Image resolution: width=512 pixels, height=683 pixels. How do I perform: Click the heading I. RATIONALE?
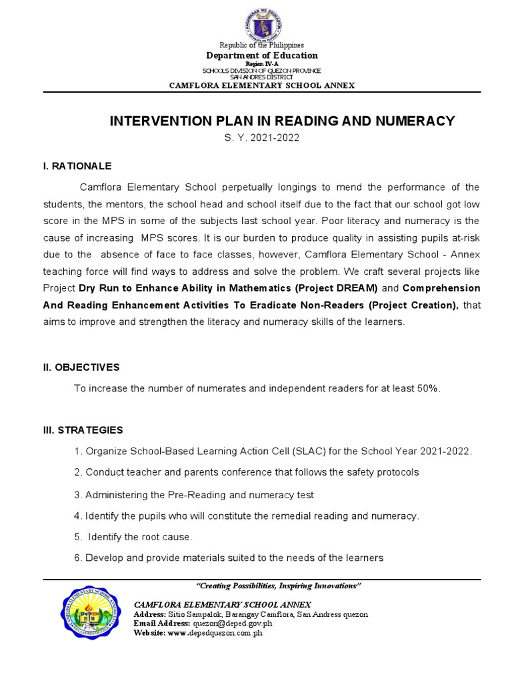click(77, 165)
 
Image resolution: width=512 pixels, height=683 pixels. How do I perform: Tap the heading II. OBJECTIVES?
click(81, 367)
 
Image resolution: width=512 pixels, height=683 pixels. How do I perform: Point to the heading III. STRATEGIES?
click(83, 430)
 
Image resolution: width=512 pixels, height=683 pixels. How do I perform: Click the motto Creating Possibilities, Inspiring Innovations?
click(279, 586)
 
